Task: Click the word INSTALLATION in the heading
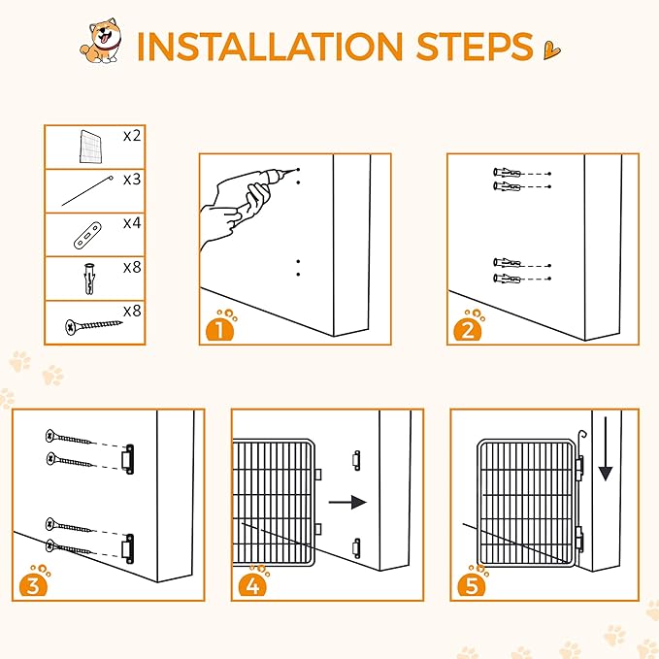[x=270, y=46]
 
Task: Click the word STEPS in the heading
[x=475, y=46]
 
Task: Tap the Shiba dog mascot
[x=101, y=41]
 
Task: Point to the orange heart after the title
[x=551, y=50]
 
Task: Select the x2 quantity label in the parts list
[x=132, y=136]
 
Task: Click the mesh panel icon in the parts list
[x=91, y=147]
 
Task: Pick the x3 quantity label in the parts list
[x=132, y=180]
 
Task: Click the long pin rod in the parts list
[x=87, y=191]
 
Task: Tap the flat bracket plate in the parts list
[x=87, y=235]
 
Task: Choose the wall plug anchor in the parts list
[x=89, y=279]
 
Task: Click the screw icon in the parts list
[x=93, y=326]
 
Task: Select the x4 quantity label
[x=132, y=223]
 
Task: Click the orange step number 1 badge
[x=220, y=326]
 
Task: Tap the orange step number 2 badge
[x=468, y=326]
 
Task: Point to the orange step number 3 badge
[x=34, y=582]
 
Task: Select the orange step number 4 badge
[x=252, y=582]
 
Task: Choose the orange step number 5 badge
[x=472, y=582]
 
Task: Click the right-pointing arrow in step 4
[x=347, y=502]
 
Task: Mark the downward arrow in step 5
[x=606, y=448]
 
